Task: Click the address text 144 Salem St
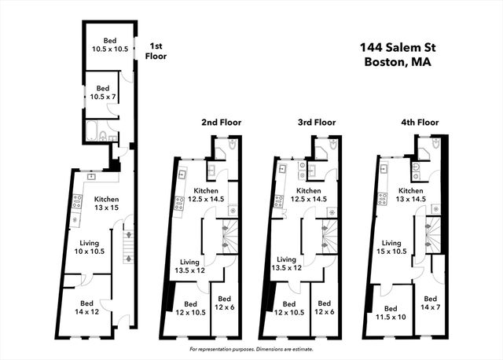click(398, 47)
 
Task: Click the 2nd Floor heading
click(221, 123)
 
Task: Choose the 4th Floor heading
click(418, 123)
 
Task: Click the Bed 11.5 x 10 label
click(391, 313)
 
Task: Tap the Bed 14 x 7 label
click(429, 303)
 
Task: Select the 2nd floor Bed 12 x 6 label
click(224, 303)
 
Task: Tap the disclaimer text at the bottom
click(251, 348)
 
